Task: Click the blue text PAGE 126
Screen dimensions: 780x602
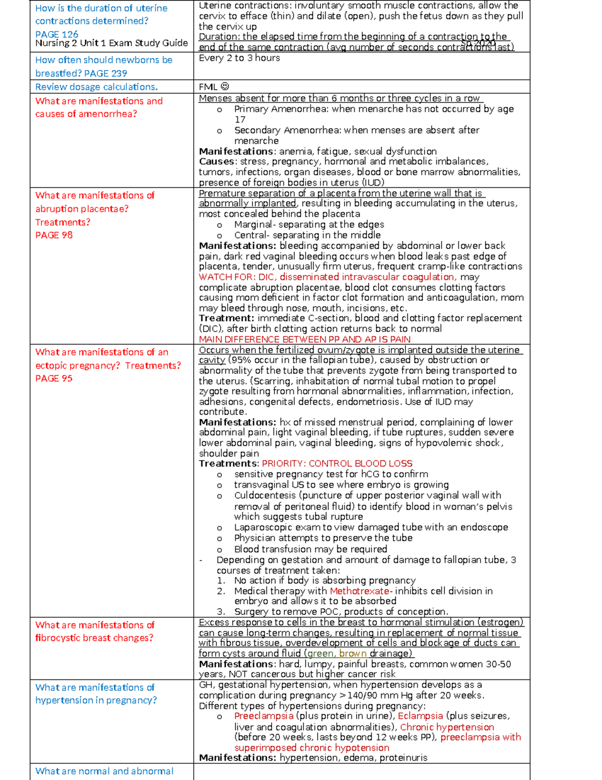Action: [x=57, y=34]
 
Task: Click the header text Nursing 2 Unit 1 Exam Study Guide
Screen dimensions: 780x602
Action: [x=111, y=43]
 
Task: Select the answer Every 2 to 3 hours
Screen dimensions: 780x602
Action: [x=239, y=58]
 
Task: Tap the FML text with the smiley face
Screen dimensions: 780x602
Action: [x=214, y=87]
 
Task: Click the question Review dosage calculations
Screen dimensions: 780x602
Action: [x=96, y=87]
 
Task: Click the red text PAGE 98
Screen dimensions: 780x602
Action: [x=54, y=235]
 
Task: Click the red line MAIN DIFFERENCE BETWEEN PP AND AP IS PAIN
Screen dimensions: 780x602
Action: [x=305, y=340]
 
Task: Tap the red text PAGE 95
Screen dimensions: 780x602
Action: [x=54, y=378]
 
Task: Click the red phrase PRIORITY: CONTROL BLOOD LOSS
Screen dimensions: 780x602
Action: [x=337, y=464]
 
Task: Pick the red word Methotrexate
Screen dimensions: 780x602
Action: [x=359, y=591]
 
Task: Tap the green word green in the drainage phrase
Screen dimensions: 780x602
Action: [x=321, y=653]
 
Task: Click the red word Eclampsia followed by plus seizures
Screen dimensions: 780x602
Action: [x=420, y=716]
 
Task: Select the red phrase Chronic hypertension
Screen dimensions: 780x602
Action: [x=446, y=727]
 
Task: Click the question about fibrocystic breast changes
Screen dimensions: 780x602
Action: [x=95, y=631]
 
